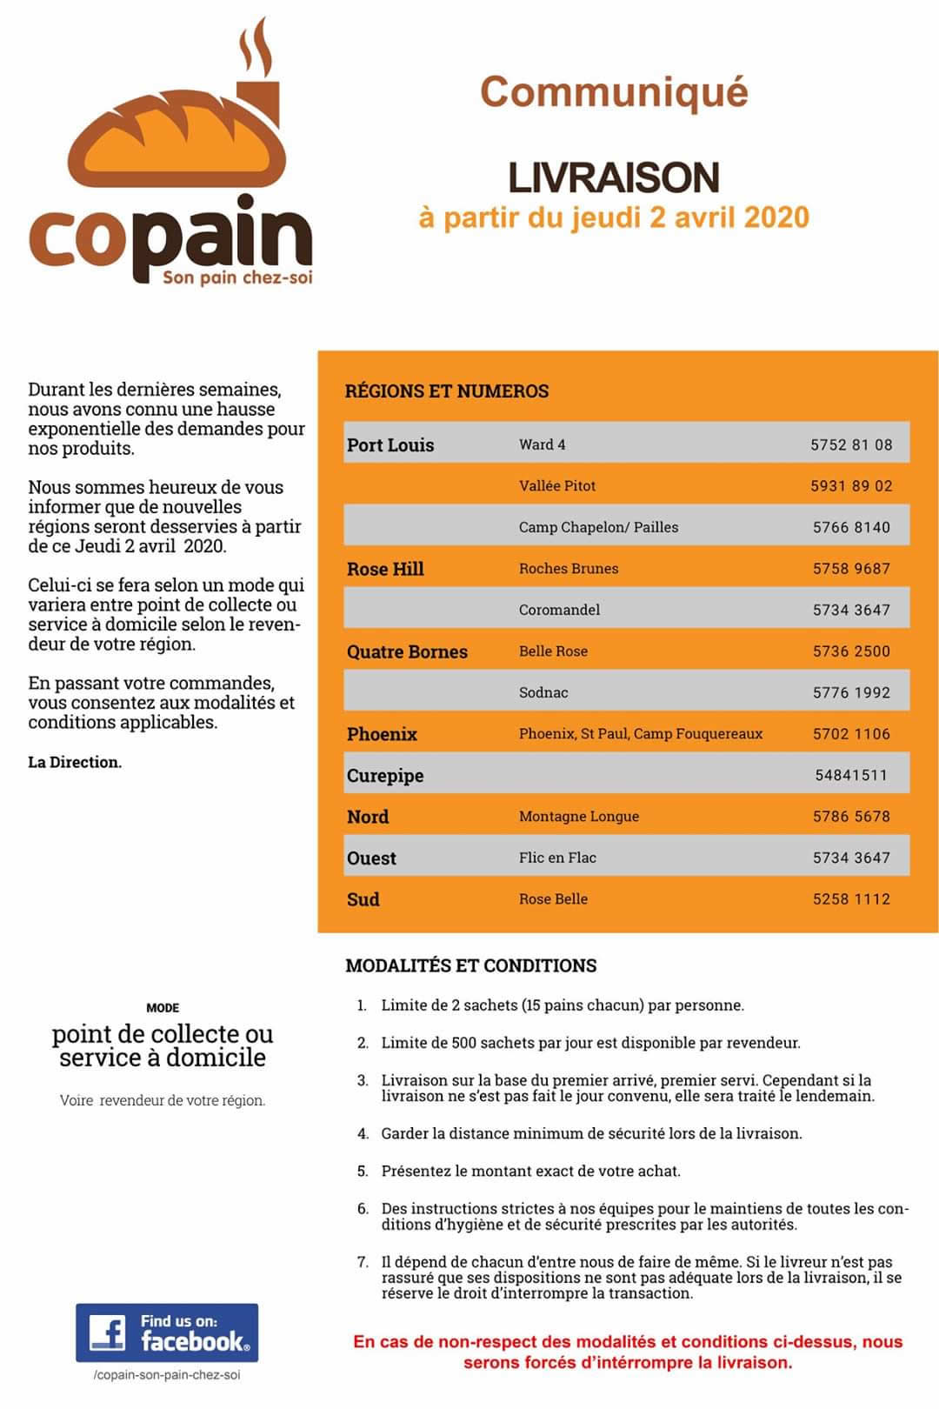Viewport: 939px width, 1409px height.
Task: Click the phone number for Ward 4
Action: [x=851, y=444]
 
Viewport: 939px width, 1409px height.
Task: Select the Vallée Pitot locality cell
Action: [x=557, y=485]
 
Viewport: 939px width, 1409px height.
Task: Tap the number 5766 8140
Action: [x=851, y=527]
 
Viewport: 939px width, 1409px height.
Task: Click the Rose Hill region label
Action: [x=385, y=569]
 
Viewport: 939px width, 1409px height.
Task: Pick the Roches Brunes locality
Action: [x=569, y=568]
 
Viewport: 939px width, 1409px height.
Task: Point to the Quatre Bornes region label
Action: [x=407, y=651]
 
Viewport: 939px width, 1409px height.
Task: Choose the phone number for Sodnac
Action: [x=851, y=692]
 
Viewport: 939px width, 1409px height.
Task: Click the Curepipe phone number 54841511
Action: [x=851, y=775]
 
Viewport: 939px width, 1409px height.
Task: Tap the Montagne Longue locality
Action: [x=579, y=816]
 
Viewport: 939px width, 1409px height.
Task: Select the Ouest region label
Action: [x=371, y=858]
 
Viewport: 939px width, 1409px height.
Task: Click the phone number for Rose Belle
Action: [x=851, y=898]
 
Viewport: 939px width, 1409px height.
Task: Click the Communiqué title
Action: [x=614, y=92]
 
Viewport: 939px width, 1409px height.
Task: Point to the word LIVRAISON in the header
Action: [x=614, y=177]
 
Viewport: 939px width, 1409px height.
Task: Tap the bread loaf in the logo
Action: [x=177, y=139]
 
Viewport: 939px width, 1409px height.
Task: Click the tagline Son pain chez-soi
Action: [x=237, y=277]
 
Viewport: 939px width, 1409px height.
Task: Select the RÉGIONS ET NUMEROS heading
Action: [x=447, y=391]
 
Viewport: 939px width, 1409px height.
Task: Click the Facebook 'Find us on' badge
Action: [x=167, y=1332]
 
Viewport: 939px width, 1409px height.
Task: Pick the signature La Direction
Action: [x=75, y=762]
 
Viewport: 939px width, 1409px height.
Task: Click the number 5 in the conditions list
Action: [x=363, y=1171]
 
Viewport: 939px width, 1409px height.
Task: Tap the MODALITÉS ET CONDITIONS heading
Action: [x=471, y=965]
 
